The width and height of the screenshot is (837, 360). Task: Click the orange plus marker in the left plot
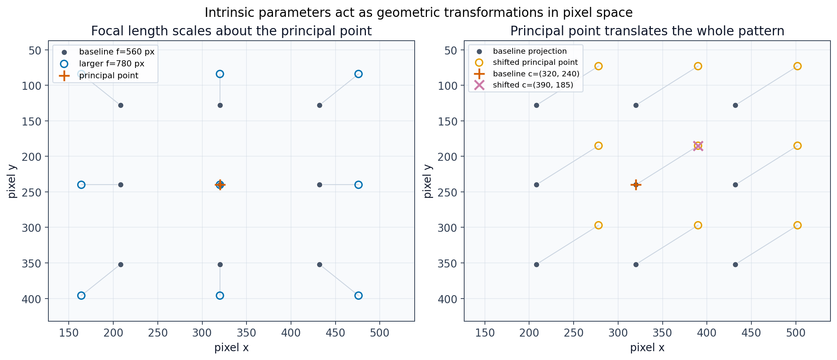(x=220, y=185)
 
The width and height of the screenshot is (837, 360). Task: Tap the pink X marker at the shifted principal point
(x=698, y=146)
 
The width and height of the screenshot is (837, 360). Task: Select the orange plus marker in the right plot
(x=636, y=185)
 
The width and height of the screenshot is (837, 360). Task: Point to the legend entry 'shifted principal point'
(x=535, y=62)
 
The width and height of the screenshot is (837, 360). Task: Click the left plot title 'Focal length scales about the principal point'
(x=231, y=31)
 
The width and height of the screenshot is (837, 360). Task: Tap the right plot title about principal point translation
(x=647, y=31)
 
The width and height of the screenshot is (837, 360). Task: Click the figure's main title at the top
(x=418, y=13)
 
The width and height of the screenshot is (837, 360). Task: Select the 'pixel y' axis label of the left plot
(x=12, y=181)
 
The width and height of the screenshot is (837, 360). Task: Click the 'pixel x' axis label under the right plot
(x=647, y=348)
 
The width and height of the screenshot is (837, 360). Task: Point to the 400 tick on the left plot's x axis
(x=291, y=332)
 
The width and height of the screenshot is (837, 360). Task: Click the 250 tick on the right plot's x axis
(x=574, y=332)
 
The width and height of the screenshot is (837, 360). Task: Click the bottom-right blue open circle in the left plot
(x=358, y=296)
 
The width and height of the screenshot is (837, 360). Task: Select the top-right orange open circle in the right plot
(x=797, y=66)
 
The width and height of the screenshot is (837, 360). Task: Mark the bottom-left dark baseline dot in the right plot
(x=536, y=264)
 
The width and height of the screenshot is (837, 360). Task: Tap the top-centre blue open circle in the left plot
(x=220, y=74)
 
